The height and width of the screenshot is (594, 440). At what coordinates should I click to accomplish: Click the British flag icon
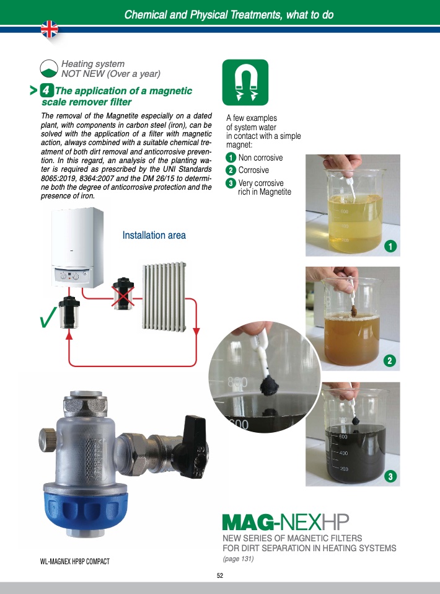click(50, 29)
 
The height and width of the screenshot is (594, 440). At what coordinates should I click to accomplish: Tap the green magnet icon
click(245, 82)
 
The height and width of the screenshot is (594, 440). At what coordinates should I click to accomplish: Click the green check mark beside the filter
click(48, 317)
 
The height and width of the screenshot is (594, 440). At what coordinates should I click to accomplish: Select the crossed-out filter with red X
click(123, 294)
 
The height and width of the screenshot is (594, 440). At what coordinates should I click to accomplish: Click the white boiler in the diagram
click(77, 247)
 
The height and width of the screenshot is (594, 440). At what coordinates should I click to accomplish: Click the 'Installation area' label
click(154, 235)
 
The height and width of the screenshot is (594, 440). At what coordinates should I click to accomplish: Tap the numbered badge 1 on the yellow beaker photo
click(390, 247)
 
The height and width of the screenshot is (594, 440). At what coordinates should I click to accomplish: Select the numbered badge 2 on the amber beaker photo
click(390, 360)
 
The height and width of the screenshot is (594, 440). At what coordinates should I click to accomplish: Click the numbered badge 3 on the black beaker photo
click(390, 476)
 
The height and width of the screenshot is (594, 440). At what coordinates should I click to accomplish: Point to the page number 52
click(220, 575)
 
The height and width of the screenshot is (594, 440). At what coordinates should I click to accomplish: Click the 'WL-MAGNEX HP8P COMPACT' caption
click(74, 561)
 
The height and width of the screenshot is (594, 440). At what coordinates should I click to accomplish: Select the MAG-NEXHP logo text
click(286, 523)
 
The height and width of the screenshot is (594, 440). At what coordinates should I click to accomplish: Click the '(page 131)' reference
click(238, 559)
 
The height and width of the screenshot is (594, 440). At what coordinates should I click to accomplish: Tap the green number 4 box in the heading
click(46, 90)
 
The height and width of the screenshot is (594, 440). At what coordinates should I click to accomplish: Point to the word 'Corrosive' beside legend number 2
click(253, 171)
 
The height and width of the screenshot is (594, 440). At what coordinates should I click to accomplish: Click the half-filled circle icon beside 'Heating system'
click(49, 68)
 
